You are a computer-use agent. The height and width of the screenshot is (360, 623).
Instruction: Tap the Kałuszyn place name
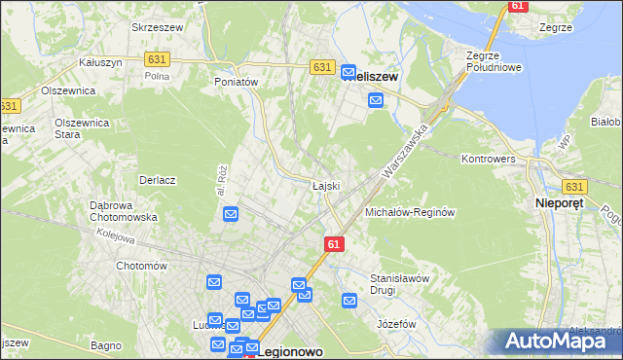(x=99, y=62)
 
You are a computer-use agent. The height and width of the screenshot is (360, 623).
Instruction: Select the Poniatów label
(x=236, y=83)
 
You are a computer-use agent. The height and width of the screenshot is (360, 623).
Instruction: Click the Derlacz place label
(x=157, y=180)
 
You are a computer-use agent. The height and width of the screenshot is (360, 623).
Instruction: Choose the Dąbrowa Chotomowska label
(x=124, y=211)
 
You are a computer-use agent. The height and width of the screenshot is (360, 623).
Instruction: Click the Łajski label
(x=325, y=186)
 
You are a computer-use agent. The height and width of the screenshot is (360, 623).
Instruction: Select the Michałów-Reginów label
(x=410, y=212)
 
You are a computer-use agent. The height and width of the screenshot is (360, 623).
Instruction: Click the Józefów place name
(x=396, y=324)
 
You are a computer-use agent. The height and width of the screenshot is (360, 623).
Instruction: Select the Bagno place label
(x=106, y=345)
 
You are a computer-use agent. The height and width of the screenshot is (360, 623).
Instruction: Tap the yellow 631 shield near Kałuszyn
(x=159, y=59)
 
